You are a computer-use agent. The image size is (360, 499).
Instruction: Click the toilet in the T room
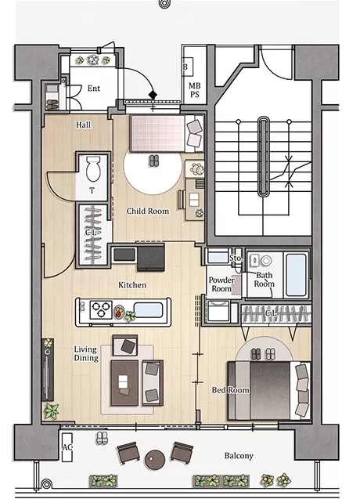93,168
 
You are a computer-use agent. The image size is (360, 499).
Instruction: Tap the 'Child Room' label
148,211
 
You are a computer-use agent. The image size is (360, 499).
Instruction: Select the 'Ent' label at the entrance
94,89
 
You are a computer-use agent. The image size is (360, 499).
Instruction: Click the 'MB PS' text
194,90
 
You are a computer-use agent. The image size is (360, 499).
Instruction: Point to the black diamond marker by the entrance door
153,95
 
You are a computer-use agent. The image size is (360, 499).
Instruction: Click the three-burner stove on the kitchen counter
101,309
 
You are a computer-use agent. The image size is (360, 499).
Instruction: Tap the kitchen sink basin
148,310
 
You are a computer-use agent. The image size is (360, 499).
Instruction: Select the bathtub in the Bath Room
296,275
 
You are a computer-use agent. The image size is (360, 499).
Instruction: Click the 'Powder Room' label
221,284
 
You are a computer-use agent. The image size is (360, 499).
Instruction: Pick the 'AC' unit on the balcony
67,447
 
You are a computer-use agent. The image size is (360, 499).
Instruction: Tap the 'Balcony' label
239,456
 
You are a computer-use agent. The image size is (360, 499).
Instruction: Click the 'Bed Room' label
231,390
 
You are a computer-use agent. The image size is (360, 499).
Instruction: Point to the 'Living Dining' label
86,353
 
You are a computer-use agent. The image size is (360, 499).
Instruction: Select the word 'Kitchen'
132,285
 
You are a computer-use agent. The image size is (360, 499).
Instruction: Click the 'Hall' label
83,125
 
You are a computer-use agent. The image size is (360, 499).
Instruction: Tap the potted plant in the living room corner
51,410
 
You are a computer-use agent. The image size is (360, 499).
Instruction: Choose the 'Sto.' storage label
236,258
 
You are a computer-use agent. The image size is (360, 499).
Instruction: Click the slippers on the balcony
102,438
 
